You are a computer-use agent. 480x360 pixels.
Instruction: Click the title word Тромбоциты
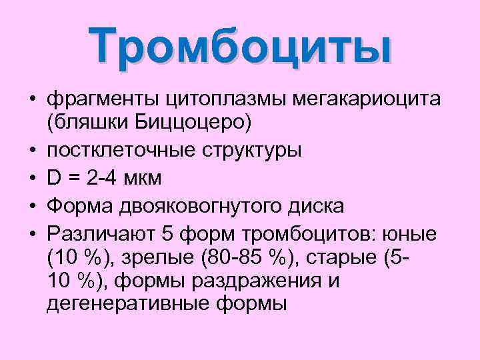tap(241, 46)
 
